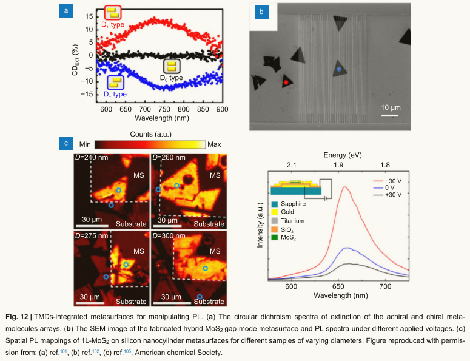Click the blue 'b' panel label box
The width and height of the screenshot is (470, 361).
(261, 12)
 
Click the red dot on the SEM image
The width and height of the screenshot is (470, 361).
(286, 81)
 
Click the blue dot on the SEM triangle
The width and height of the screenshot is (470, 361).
(339, 70)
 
